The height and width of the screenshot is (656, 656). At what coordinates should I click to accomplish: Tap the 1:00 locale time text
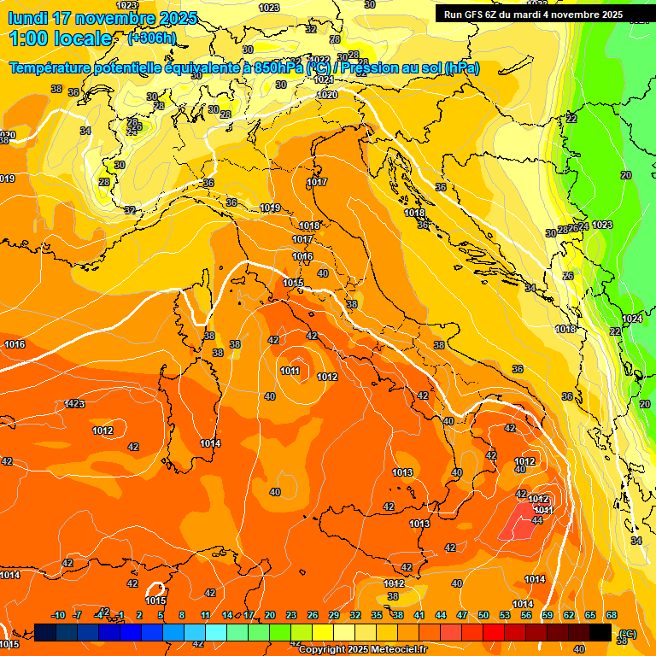pyautogui.click(x=60, y=38)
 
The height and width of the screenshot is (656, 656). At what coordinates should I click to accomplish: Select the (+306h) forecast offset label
pyautogui.click(x=152, y=38)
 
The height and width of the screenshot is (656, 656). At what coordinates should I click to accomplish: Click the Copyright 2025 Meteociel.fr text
pyautogui.click(x=362, y=649)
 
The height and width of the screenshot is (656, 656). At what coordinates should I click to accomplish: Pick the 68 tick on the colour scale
pyautogui.click(x=612, y=615)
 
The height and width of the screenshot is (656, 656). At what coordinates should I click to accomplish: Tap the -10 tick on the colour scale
pyautogui.click(x=58, y=615)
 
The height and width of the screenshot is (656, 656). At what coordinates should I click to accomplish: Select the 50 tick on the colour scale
pyautogui.click(x=483, y=615)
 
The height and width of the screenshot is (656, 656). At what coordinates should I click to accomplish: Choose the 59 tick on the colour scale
pyautogui.click(x=548, y=615)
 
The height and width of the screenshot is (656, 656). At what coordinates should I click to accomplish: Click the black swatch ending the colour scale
pyautogui.click(x=600, y=632)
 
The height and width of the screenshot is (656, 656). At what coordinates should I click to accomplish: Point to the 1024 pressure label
pyautogui.click(x=632, y=319)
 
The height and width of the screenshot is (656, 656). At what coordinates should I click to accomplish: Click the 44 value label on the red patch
pyautogui.click(x=537, y=520)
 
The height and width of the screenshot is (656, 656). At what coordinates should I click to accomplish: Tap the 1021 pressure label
pyautogui.click(x=324, y=79)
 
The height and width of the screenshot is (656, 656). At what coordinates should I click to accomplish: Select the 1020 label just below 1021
pyautogui.click(x=327, y=95)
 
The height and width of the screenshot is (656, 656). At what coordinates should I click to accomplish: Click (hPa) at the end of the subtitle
pyautogui.click(x=460, y=67)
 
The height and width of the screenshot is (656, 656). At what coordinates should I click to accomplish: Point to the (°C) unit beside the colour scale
pyautogui.click(x=627, y=634)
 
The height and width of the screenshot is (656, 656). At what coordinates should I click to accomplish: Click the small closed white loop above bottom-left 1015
pyautogui.click(x=155, y=589)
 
